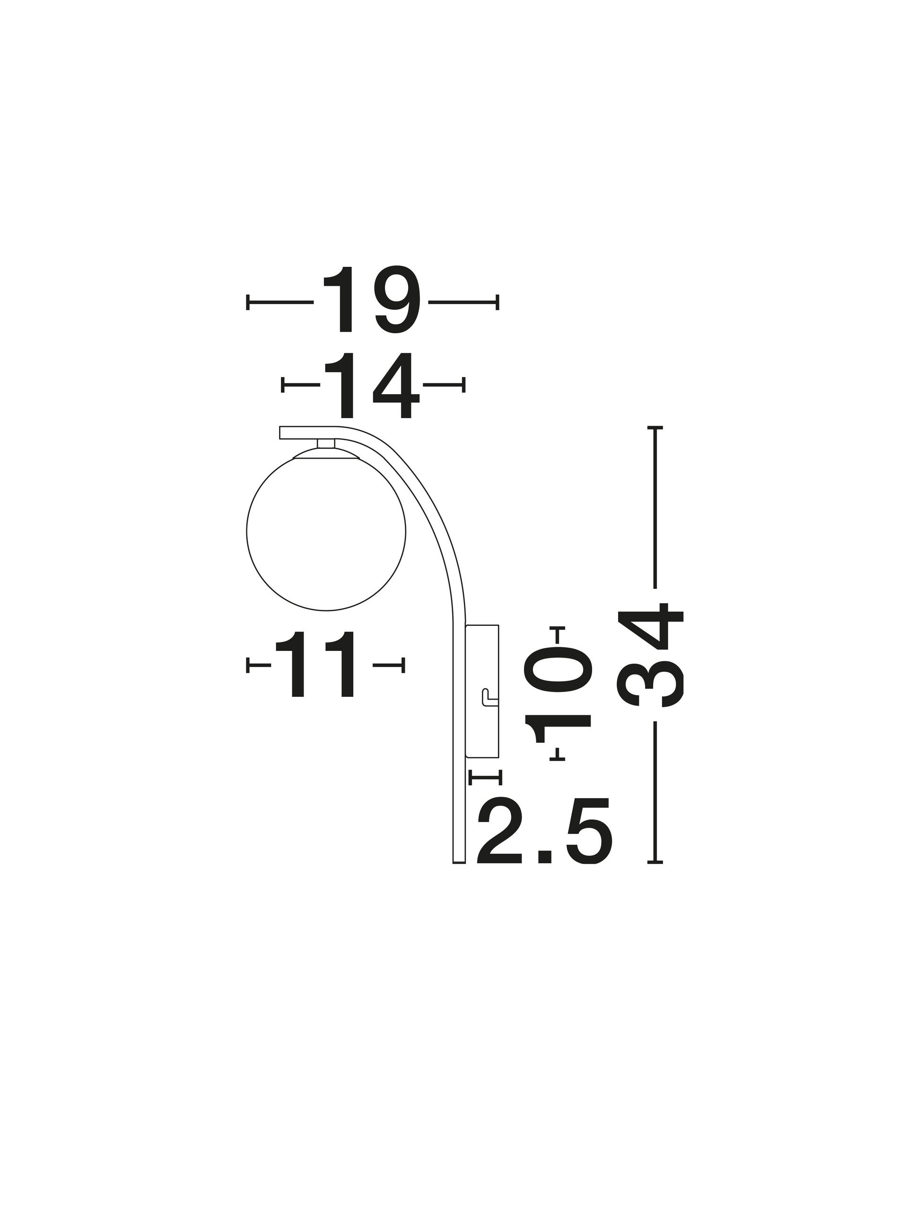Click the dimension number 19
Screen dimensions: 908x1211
tap(372, 299)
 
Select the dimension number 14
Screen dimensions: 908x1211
tap(372, 386)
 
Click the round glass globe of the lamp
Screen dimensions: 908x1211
tap(326, 531)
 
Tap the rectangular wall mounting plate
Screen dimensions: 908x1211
tap(481, 692)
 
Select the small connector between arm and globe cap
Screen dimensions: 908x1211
tap(326, 443)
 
